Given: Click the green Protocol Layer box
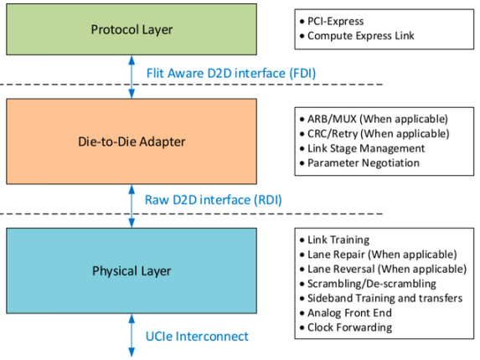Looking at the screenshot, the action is [132, 29].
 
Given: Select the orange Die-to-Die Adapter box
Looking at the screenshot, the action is [132, 141].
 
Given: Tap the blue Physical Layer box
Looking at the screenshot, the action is [132, 270].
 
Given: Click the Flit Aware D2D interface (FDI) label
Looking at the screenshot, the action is [231, 74].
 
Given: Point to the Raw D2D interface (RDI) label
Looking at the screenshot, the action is [213, 200].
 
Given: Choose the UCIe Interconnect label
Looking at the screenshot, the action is [197, 337].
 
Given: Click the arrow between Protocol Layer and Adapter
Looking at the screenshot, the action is [132, 77].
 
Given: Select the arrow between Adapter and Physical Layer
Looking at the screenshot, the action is [132, 206].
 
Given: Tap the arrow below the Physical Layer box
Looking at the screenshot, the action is [132, 335].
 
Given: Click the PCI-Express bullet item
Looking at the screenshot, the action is [332, 21].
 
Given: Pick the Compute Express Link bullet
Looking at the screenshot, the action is [357, 36].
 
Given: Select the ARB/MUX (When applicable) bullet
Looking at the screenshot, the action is [374, 119].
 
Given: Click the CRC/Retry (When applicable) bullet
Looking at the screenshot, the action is [374, 133].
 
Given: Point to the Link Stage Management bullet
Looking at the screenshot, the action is [362, 148].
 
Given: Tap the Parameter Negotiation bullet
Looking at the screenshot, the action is [359, 163].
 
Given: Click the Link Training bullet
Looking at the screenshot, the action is [334, 239].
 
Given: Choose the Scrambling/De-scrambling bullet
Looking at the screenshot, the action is [368, 284].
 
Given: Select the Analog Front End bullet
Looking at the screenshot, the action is [346, 313].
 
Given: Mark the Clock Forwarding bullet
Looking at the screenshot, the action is [346, 327].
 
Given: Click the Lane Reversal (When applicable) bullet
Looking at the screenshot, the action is [383, 269].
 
